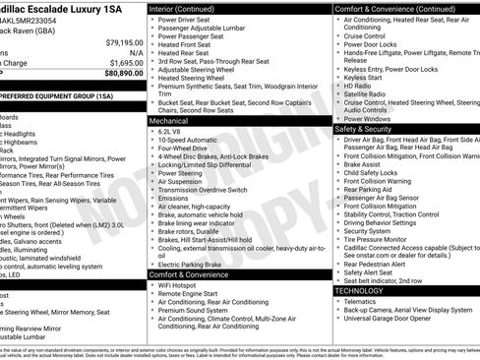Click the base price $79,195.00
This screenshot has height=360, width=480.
coord(124,43)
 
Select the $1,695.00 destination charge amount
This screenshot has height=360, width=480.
coord(126,61)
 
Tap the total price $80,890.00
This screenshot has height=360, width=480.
coord(124,72)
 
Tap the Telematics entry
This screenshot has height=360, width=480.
coord(364,302)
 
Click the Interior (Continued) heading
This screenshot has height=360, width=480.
coord(191,8)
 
